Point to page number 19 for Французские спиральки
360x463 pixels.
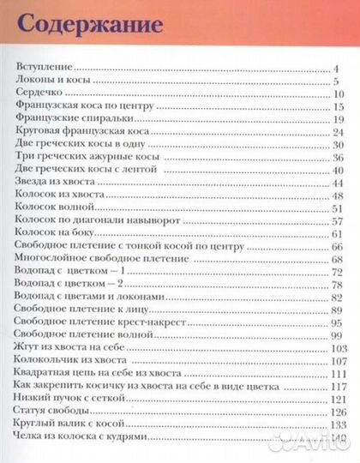coord(338,119)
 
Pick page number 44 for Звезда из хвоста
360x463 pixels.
coord(338,183)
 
